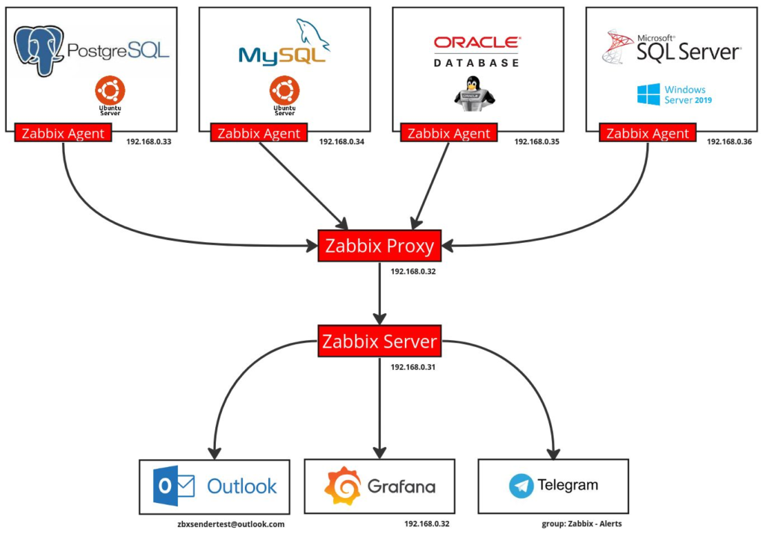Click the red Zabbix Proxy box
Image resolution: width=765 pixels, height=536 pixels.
click(380, 246)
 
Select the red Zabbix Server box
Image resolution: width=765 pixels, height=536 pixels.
click(380, 342)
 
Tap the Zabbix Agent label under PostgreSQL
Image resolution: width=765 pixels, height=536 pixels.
click(63, 134)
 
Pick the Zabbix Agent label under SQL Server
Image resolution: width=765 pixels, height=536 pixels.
click(648, 134)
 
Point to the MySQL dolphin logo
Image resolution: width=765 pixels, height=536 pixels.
click(313, 36)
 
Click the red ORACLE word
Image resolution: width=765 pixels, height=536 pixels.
click(477, 43)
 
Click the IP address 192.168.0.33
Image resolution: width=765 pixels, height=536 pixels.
click(149, 141)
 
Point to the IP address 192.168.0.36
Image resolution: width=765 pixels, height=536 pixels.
click(730, 141)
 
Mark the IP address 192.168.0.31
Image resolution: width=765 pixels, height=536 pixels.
click(413, 366)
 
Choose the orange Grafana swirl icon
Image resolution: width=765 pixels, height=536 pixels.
click(342, 486)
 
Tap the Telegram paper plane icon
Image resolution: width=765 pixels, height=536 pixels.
click(521, 486)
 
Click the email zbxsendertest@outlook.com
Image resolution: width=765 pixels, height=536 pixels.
click(232, 524)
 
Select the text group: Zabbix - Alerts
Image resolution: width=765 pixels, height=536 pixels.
click(581, 524)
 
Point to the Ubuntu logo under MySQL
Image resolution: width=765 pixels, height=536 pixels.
click(284, 92)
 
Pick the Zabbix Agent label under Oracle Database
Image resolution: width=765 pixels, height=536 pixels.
click(449, 134)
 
